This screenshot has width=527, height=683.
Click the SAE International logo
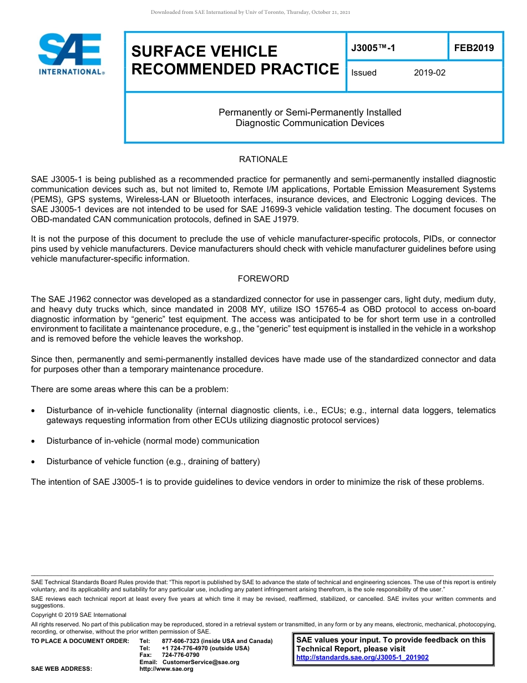click(71, 54)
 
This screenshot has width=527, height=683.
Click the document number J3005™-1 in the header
click(373, 48)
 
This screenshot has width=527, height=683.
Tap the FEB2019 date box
click(474, 48)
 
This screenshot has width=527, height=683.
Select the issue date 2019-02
click(429, 73)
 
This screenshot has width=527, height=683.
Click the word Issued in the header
click(364, 73)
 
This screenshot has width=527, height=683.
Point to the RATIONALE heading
click(263, 159)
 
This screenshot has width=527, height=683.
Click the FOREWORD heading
click(263, 279)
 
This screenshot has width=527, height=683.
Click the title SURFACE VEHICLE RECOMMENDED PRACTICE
click(235, 60)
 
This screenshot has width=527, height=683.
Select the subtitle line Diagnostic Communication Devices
click(310, 123)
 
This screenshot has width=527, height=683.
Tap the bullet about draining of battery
click(153, 461)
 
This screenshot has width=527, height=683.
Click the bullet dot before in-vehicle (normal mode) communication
click(35, 441)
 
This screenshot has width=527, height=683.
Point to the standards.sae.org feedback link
click(362, 657)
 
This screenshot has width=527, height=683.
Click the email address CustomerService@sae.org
click(201, 662)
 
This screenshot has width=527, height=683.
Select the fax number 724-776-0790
click(180, 655)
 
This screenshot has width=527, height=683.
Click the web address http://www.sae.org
click(166, 669)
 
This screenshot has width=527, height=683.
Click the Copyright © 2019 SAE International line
click(79, 615)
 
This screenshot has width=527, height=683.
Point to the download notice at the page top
click(250, 12)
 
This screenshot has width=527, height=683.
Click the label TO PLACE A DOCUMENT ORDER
click(80, 641)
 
